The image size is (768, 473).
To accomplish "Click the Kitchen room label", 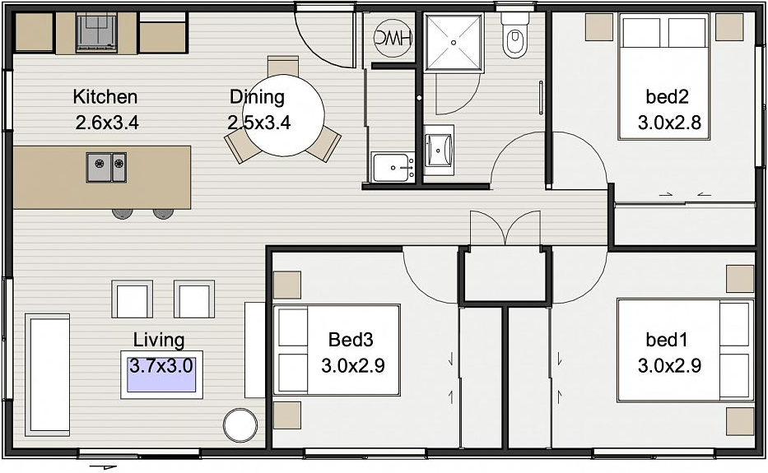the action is pyautogui.click(x=105, y=97).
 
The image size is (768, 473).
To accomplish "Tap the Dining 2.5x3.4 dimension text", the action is pyautogui.click(x=258, y=122).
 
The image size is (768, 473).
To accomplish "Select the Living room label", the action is pyautogui.click(x=159, y=340).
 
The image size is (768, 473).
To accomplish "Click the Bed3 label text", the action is pyautogui.click(x=351, y=339).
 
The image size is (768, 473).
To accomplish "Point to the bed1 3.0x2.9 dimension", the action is pyautogui.click(x=669, y=365).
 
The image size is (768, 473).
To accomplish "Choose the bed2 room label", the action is pyautogui.click(x=667, y=97).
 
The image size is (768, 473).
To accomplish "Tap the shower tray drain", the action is pyautogui.click(x=454, y=43).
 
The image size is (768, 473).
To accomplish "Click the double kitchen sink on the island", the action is pyautogui.click(x=106, y=167).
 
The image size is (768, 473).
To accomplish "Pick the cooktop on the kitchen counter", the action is pyautogui.click(x=96, y=32).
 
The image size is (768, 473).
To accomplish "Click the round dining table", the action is pyautogui.click(x=284, y=115).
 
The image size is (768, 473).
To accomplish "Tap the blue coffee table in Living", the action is pyautogui.click(x=161, y=374).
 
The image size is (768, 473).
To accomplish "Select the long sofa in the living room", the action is pyautogui.click(x=48, y=374).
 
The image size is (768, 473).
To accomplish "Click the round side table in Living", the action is pyautogui.click(x=240, y=424).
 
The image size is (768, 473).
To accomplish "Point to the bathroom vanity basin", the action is pyautogui.click(x=439, y=151).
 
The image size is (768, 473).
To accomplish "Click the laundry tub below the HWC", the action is pyautogui.click(x=392, y=167).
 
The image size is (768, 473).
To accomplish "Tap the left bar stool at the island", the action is pyautogui.click(x=122, y=214).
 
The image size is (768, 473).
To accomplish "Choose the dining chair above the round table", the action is pyautogui.click(x=283, y=66).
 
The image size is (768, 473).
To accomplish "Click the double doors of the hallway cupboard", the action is pyautogui.click(x=505, y=228).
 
